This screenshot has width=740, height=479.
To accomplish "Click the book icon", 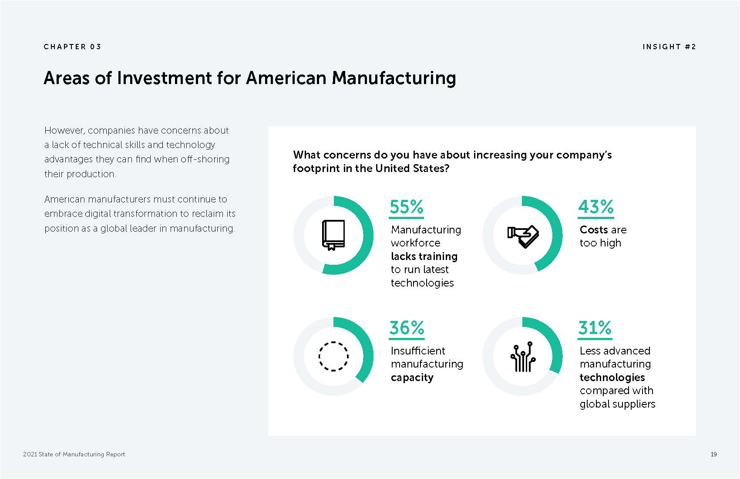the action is click(x=333, y=235).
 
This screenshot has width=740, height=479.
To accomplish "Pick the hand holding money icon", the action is click(x=523, y=236).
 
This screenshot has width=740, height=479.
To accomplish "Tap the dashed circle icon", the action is click(x=333, y=356).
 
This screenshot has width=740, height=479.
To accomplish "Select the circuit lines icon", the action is click(x=523, y=357).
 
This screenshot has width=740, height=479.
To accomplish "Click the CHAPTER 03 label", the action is click(x=72, y=47).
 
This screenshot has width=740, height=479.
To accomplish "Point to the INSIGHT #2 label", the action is click(x=669, y=47).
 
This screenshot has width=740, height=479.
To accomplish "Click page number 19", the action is click(x=713, y=454).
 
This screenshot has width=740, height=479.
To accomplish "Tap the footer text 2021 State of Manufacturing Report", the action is click(x=74, y=454).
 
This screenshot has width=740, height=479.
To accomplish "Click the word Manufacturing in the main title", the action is click(x=394, y=78).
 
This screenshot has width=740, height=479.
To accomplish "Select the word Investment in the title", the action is click(x=165, y=78).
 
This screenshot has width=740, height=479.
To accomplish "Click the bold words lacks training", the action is click(x=424, y=256).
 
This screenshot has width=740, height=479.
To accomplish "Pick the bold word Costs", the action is click(x=594, y=229).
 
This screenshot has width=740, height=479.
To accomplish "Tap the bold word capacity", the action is click(x=412, y=378).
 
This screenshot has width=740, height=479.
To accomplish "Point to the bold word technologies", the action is click(x=612, y=377).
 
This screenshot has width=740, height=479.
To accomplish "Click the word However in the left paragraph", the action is click(x=64, y=131).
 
